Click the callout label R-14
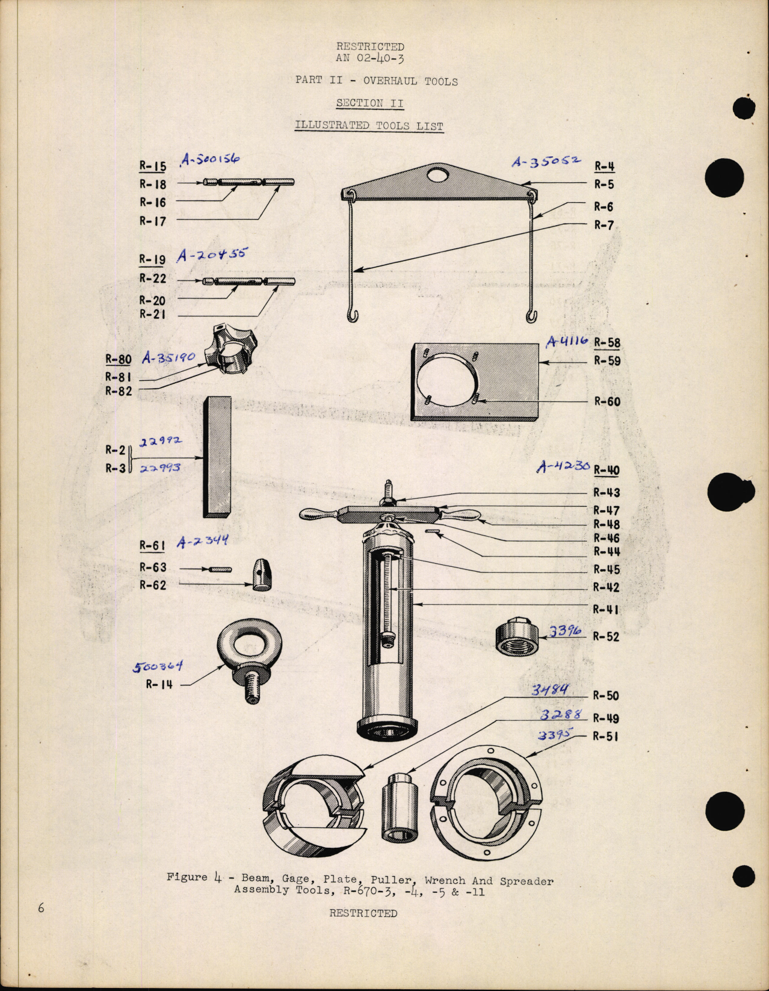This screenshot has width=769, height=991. pyautogui.click(x=159, y=684)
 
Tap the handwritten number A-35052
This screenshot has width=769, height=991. pyautogui.click(x=546, y=162)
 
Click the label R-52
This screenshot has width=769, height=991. pyautogui.click(x=605, y=637)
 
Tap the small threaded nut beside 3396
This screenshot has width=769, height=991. pyautogui.click(x=516, y=637)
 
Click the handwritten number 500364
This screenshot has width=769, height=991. pyautogui.click(x=157, y=667)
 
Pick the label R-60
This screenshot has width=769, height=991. pyautogui.click(x=607, y=401)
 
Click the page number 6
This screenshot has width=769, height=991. pyautogui.click(x=41, y=908)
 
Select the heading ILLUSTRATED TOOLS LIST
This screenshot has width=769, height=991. pyautogui.click(x=369, y=126)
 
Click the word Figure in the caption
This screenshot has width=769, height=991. pyautogui.click(x=187, y=877)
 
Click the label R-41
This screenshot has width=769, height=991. pyautogui.click(x=605, y=610)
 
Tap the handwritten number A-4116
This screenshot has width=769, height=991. pyautogui.click(x=567, y=342)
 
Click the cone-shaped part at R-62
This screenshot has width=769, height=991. pyautogui.click(x=262, y=575)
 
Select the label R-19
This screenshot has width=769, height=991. pyautogui.click(x=152, y=260)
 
